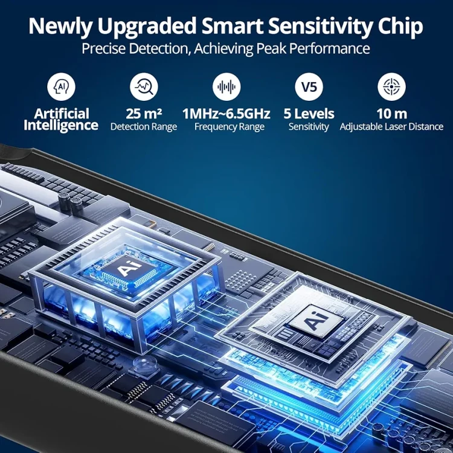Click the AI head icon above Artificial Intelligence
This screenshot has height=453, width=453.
click(61, 86)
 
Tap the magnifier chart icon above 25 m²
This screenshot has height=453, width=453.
click(144, 86)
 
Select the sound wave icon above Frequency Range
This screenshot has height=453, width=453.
click(226, 86)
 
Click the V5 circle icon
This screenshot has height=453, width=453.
click(309, 86)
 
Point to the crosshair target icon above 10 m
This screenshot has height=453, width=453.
click(392, 86)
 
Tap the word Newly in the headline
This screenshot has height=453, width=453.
click(60, 27)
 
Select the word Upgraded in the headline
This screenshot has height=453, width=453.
click(147, 27)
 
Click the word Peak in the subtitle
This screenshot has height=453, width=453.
click(271, 48)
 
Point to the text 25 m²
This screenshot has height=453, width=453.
click(144, 114)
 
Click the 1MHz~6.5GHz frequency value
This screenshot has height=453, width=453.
click(226, 114)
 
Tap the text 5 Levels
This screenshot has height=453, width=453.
click(309, 114)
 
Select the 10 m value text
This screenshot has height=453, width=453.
click(392, 114)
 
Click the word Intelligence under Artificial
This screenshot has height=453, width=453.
click(61, 126)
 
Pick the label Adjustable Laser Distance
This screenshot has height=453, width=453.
click(391, 127)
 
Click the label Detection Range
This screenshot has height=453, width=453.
click(144, 127)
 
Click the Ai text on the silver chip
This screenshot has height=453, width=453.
click(316, 320)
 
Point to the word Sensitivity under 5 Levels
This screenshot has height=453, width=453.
click(309, 127)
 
